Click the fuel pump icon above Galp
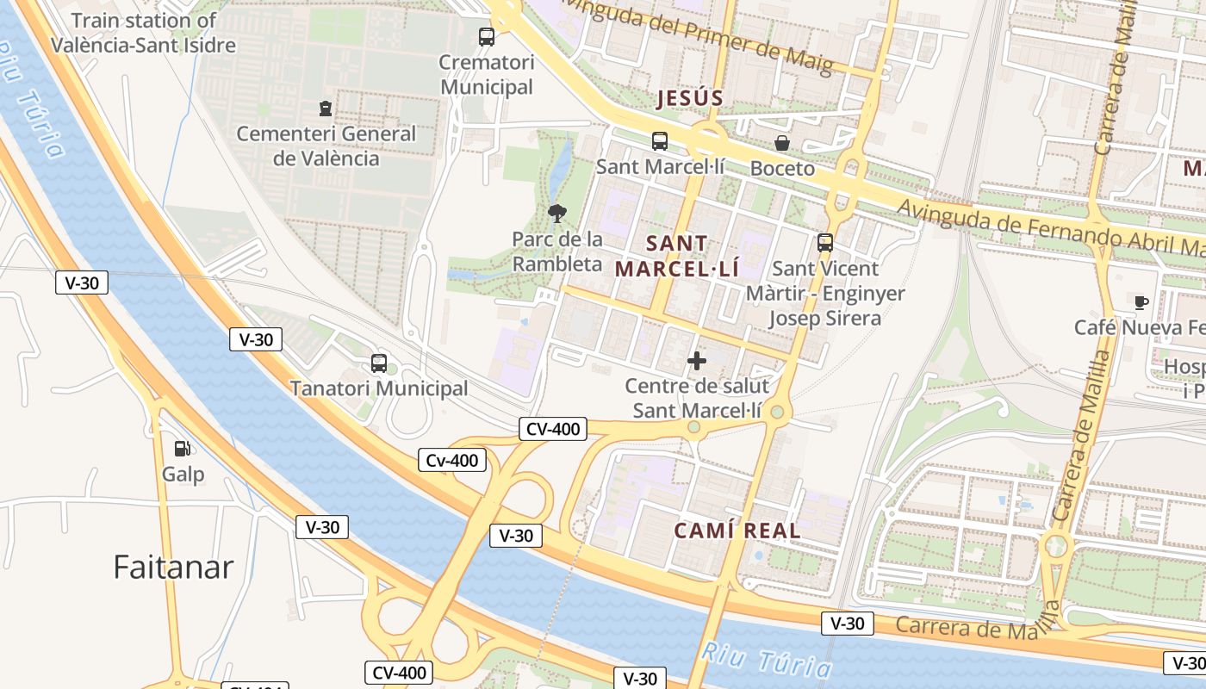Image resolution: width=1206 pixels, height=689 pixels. (182, 448)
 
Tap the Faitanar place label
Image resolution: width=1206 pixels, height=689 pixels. (173, 567)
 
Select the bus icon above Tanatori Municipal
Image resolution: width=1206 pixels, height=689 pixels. (378, 363)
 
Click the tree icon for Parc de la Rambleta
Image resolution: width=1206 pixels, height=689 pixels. (556, 213)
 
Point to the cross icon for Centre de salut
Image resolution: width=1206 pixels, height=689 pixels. (696, 360)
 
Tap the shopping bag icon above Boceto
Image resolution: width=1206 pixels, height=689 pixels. (781, 143)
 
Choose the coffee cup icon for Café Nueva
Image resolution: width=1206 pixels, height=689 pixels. (1141, 301)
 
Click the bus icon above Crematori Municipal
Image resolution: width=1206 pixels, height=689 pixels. (487, 37)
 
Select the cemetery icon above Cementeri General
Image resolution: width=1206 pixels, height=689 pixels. (326, 109)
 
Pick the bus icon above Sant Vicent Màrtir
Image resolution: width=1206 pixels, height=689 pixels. (824, 243)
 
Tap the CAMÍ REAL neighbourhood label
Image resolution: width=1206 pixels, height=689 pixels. (737, 531)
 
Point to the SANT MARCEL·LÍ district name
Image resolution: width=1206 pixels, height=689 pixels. (676, 256)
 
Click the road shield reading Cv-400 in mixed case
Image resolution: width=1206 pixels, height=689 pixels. (452, 461)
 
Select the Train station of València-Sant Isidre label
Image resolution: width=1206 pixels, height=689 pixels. (143, 33)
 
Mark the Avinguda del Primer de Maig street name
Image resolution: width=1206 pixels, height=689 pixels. (697, 34)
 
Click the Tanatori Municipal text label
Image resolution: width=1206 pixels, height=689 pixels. (378, 388)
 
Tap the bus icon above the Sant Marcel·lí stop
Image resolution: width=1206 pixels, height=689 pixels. (659, 141)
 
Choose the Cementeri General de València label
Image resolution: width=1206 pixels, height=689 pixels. (326, 146)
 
